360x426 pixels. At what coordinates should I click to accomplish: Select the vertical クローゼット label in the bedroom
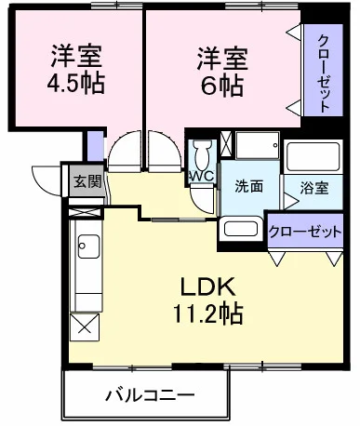tap(323, 73)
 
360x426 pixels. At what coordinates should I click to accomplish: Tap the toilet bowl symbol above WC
tap(202, 152)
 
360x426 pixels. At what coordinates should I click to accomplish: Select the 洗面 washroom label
tap(248, 185)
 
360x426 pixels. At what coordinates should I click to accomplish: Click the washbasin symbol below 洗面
tap(243, 229)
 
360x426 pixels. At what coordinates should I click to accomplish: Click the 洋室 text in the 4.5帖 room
tap(75, 54)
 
